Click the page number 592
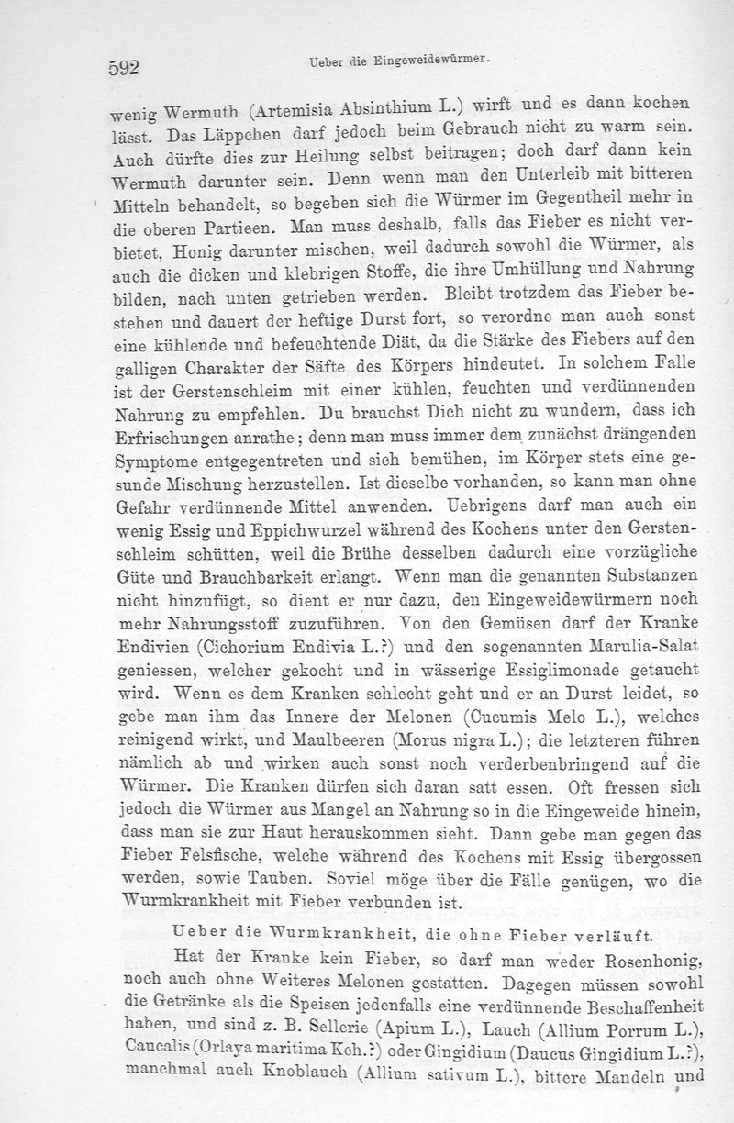click(x=123, y=67)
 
